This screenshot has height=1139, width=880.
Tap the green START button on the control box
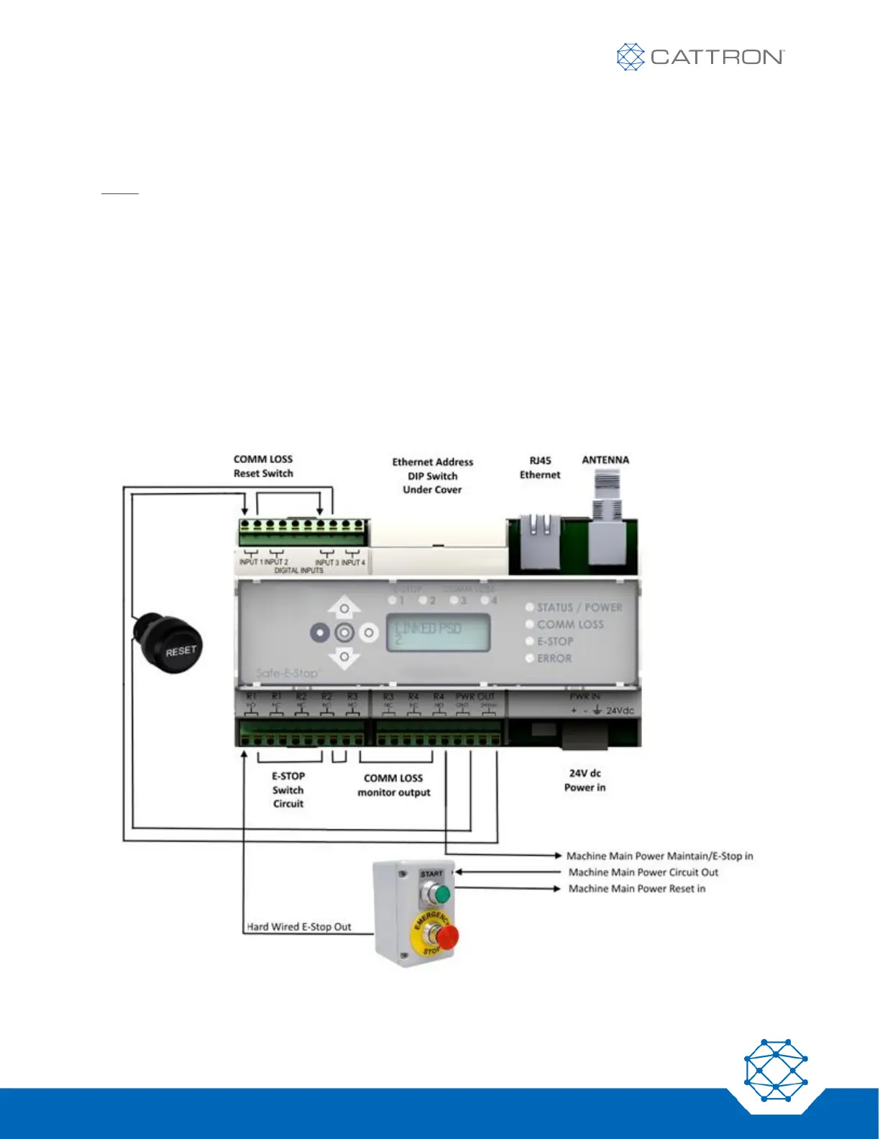(x=440, y=894)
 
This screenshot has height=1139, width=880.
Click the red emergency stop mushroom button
(x=446, y=936)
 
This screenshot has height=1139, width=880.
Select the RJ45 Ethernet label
(x=540, y=467)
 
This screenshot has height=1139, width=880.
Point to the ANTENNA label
(x=605, y=459)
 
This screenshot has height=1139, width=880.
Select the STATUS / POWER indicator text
(x=579, y=608)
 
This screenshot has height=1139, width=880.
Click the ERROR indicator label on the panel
(x=554, y=658)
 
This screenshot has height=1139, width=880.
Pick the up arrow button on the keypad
(x=344, y=608)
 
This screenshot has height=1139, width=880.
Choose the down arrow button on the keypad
(x=344, y=657)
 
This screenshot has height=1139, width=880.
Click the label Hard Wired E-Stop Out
(x=299, y=927)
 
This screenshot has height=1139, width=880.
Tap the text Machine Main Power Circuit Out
(x=643, y=872)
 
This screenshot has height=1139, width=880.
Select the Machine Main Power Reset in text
(x=637, y=889)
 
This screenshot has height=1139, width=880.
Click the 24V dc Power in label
(x=585, y=780)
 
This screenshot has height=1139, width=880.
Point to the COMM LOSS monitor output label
(x=394, y=785)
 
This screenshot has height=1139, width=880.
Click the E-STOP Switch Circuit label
(x=288, y=790)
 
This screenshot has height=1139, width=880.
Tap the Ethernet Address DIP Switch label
(x=433, y=476)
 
